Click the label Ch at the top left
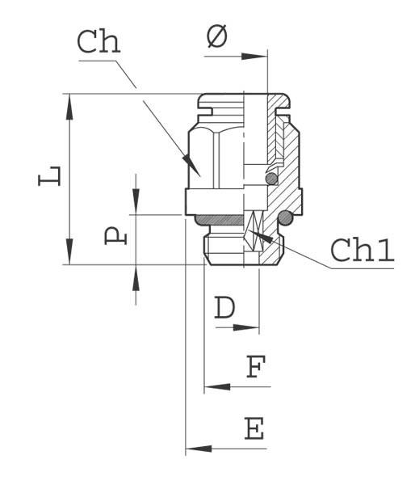[x=99, y=43]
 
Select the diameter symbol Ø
[x=217, y=36]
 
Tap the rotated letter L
[x=50, y=175]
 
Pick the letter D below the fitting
[x=225, y=308]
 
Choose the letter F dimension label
[x=255, y=368]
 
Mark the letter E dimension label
[x=254, y=428]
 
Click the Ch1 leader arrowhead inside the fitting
[x=253, y=234]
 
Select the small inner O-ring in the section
[x=273, y=179]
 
